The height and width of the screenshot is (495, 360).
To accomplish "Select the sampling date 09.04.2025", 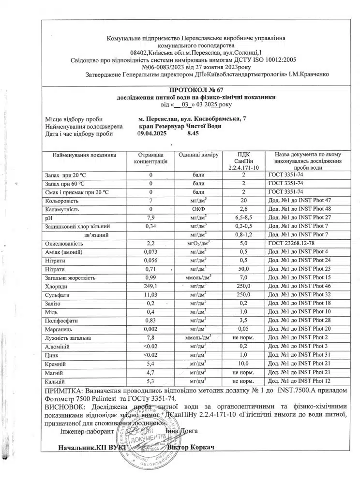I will (151, 134).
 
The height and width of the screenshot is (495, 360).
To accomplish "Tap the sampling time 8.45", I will (193, 134).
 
